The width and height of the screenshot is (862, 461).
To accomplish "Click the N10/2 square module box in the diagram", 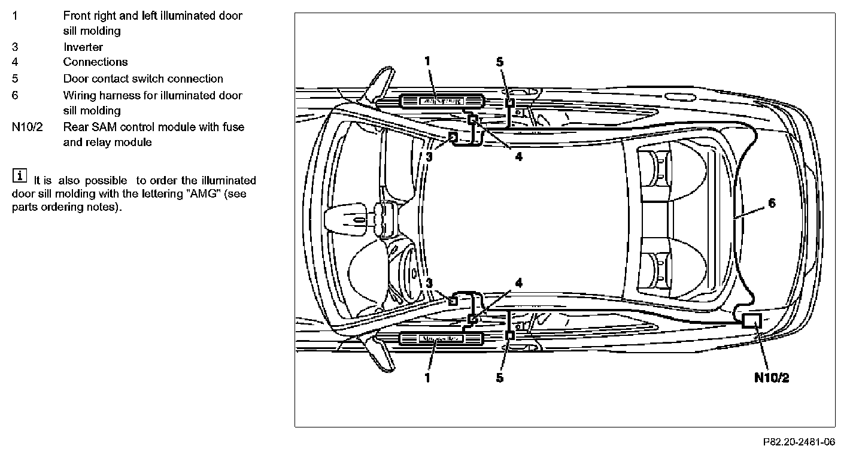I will point(752,320).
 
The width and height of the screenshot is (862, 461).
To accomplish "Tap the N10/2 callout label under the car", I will point(772,378).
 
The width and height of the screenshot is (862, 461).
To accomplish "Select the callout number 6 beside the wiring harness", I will point(772,203).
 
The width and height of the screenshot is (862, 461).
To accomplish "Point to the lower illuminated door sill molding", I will point(442,339).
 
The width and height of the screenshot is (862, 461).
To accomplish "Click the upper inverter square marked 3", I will point(453,138).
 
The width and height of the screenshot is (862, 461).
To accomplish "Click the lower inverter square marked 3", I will point(453,301).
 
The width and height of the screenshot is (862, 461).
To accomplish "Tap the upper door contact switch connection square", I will point(510,102).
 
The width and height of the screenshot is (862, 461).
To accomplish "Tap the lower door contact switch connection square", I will point(510,335).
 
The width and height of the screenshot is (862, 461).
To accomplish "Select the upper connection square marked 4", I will point(472,120).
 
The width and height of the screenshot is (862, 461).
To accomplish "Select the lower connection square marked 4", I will point(472,319).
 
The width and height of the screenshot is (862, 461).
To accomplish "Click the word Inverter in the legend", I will point(83,47).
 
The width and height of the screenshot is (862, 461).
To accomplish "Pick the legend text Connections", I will point(95,62).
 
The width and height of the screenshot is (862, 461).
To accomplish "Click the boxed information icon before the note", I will point(20,175).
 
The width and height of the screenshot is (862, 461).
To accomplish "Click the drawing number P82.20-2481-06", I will point(799,442).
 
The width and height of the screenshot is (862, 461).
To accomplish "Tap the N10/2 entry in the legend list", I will point(28,127).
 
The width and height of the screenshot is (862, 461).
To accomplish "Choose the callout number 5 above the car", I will point(500,62).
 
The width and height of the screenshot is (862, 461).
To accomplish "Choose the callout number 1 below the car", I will point(427,378).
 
